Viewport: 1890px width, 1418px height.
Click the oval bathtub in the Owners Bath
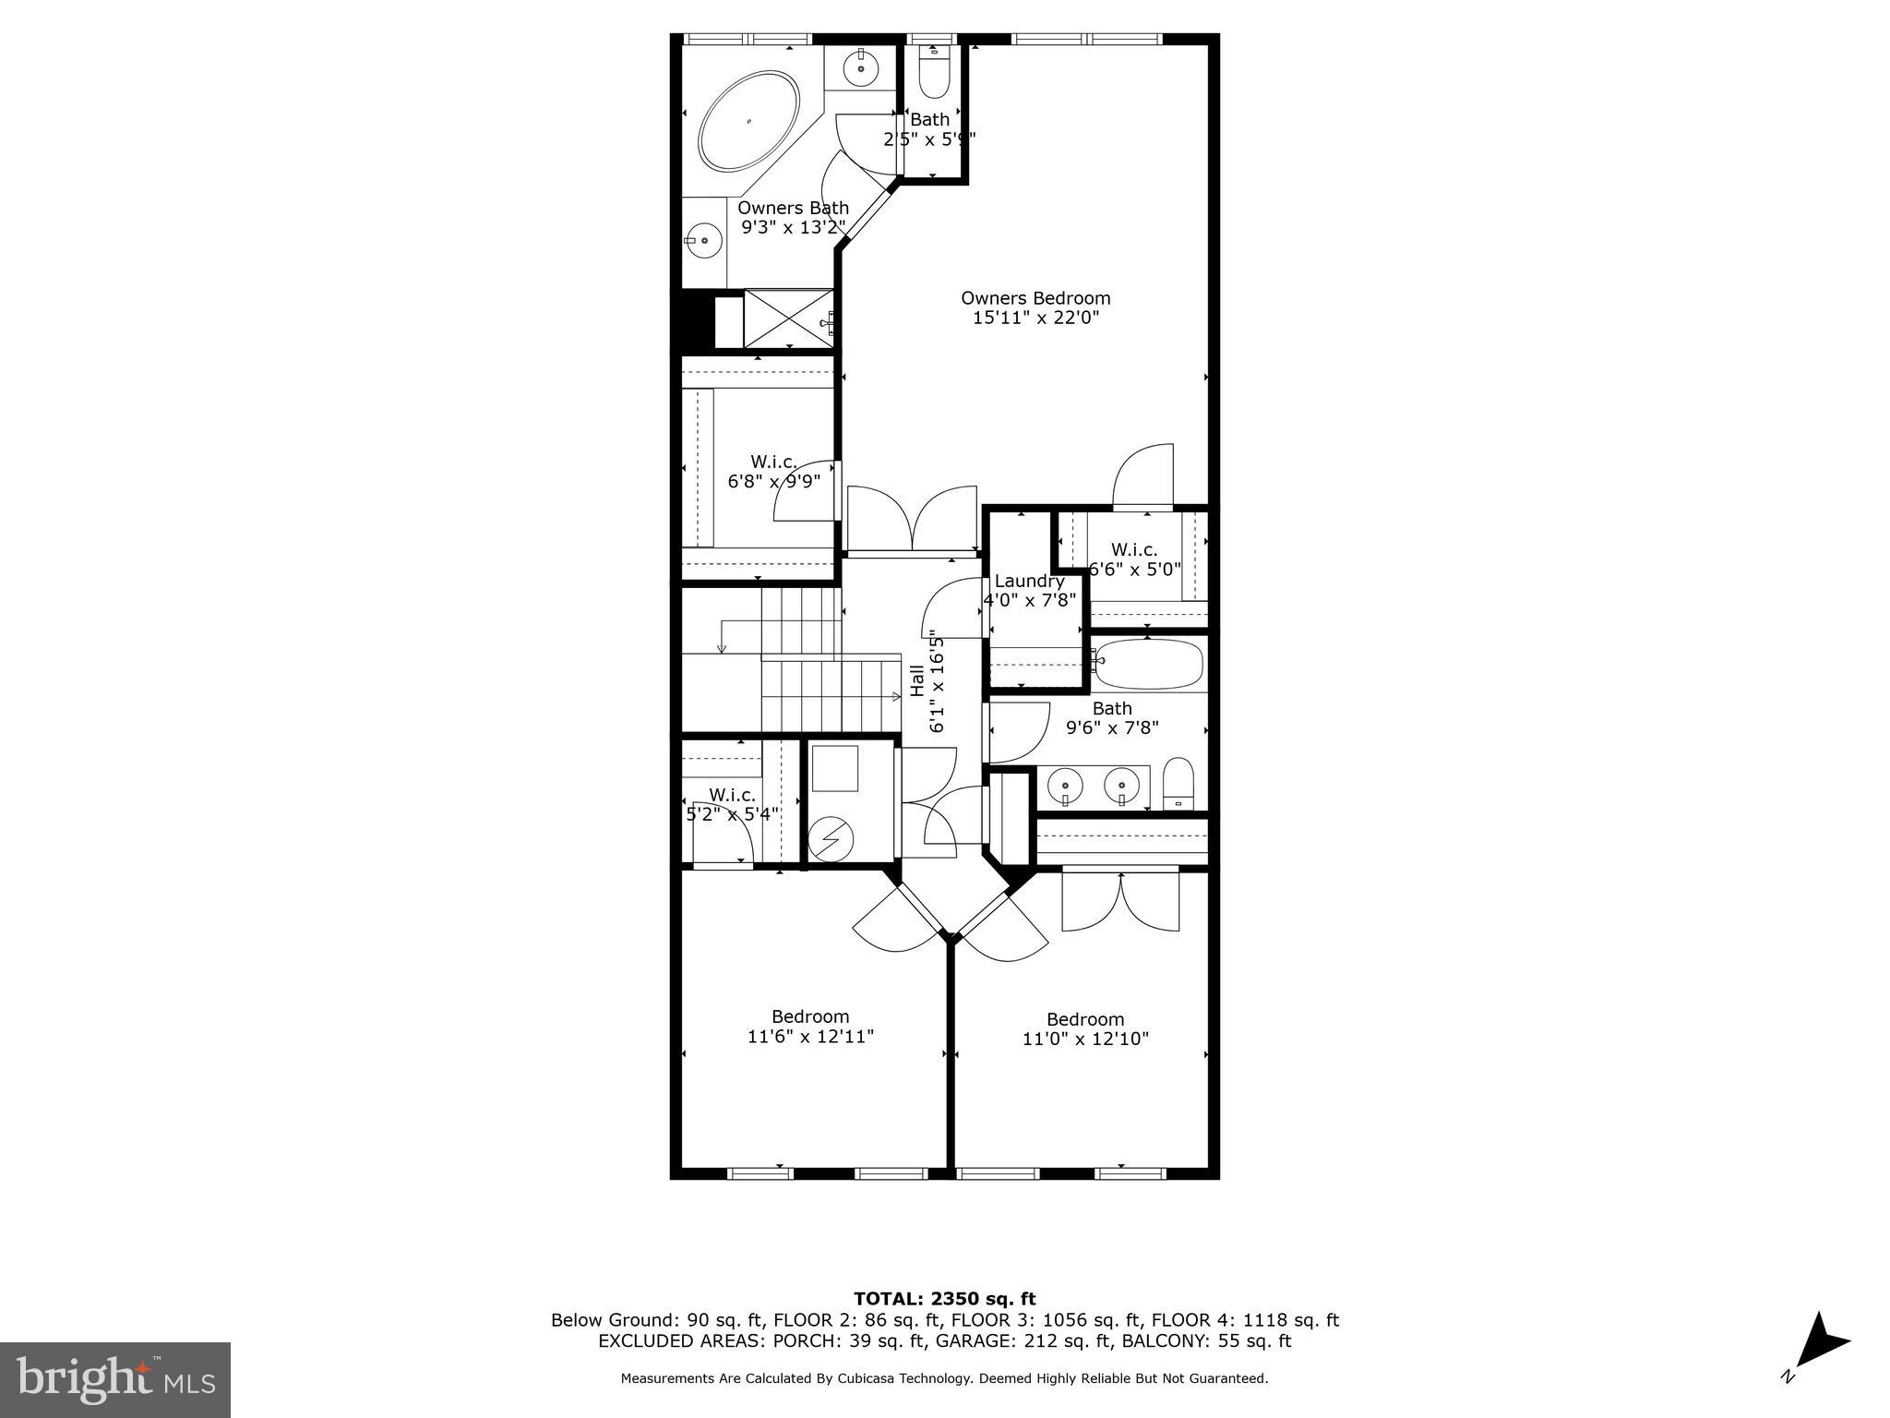(x=748, y=121)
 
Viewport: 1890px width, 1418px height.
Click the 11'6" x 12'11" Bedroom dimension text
(x=810, y=1037)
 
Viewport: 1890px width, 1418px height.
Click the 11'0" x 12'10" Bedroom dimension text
(x=1085, y=1039)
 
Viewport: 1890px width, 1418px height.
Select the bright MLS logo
(x=115, y=1379)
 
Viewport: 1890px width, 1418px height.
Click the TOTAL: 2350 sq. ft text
(x=944, y=1299)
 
